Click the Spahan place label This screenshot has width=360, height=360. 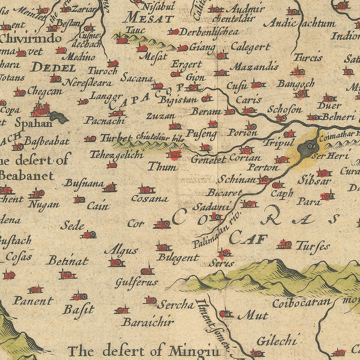34,123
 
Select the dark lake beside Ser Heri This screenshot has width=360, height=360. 309,148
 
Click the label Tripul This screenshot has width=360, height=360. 279,142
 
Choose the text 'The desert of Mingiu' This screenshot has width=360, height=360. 144,351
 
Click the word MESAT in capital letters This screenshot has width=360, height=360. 149,18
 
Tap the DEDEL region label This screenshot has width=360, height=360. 53,68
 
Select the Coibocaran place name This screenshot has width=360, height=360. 302,303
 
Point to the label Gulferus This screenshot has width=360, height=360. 136,282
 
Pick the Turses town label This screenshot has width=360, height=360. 313,246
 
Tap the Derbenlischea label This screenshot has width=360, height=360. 209,32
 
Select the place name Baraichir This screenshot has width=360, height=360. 148,322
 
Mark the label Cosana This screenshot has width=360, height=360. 150,198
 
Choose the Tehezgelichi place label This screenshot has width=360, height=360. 116,154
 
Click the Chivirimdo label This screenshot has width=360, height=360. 31,39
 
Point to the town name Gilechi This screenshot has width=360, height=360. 276,341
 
